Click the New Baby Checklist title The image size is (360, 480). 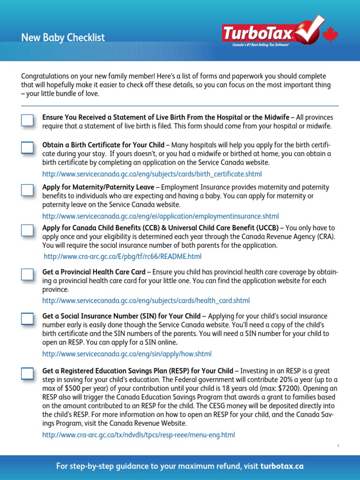63,37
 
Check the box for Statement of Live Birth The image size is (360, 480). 27,120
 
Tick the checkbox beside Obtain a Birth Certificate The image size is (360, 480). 27,148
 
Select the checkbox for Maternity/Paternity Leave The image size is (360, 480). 27,190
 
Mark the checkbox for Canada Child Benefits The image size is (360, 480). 27,230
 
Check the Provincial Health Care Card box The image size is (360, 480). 27,274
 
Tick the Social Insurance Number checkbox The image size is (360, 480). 27,319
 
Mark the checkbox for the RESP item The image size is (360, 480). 27,374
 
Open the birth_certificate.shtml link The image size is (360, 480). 152,174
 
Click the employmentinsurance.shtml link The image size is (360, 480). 160,216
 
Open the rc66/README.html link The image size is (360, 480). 122,256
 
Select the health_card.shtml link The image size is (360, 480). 146,300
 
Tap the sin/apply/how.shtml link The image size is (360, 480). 127,354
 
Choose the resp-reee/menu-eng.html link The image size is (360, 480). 138,435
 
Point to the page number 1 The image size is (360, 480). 337,446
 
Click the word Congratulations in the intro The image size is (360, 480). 48,76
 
